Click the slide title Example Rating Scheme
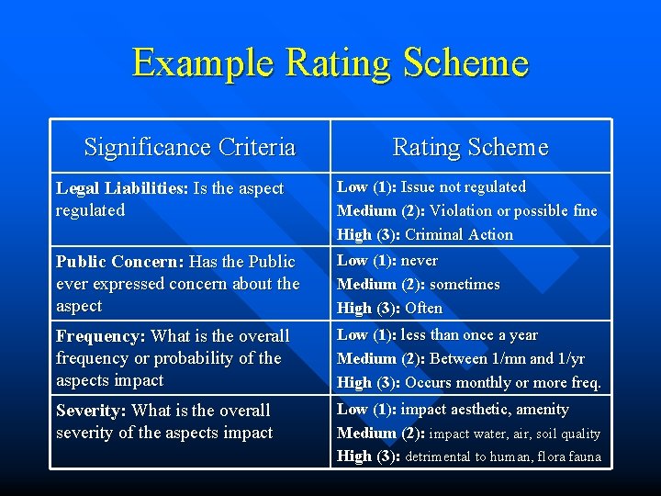(330, 62)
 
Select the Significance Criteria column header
(189, 147)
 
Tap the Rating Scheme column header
(470, 147)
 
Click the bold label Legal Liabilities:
(122, 188)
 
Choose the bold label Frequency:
(101, 336)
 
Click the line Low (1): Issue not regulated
(431, 186)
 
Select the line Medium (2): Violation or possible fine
(466, 210)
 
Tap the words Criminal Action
(459, 234)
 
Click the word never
(420, 260)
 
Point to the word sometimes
(465, 284)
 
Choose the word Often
(423, 308)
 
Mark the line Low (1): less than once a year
(437, 334)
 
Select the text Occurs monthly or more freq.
(503, 382)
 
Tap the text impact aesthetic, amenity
(485, 409)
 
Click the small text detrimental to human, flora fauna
(503, 457)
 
